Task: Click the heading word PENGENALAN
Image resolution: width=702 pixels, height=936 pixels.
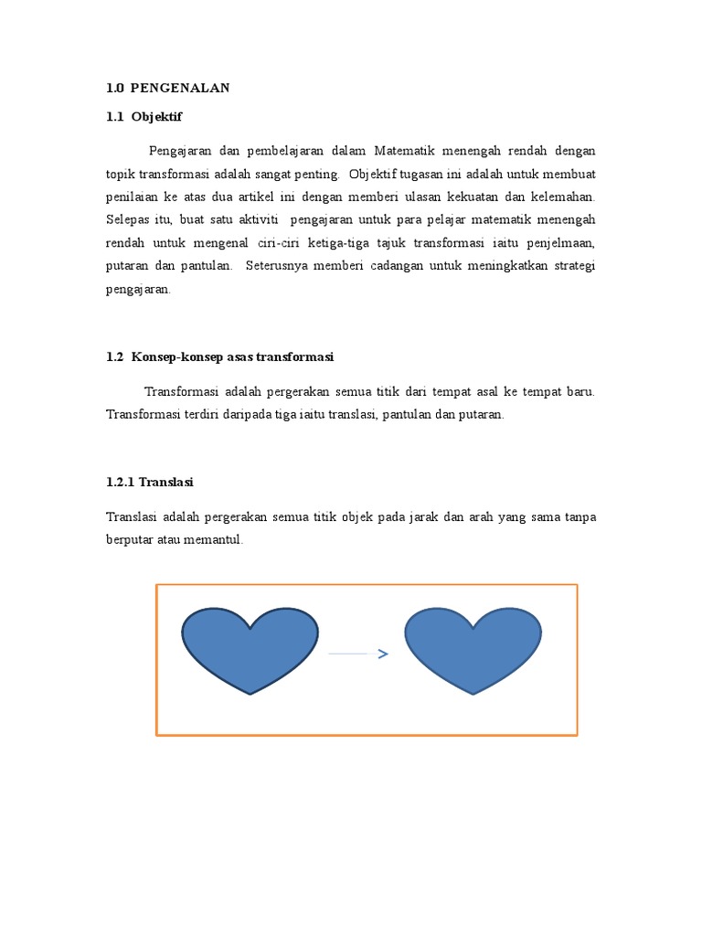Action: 180,88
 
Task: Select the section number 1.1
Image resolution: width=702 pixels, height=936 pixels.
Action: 114,116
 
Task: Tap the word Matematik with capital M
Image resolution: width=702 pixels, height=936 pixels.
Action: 404,150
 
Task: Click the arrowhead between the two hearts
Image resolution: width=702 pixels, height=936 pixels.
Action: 383,654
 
